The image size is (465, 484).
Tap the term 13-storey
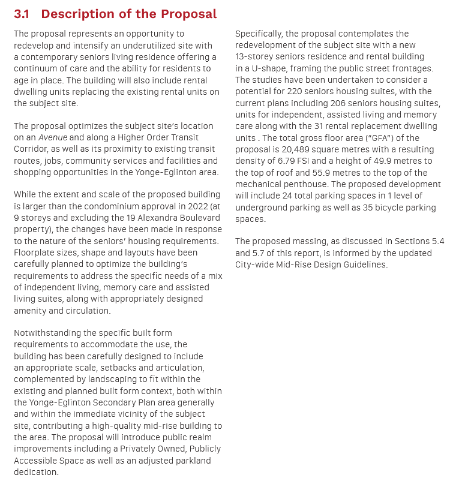(x=256, y=57)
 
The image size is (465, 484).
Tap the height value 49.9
(x=376, y=161)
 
